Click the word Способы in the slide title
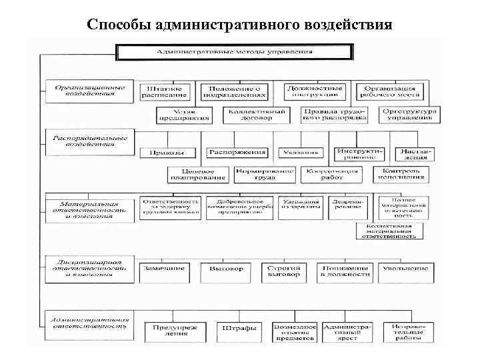coord(119,25)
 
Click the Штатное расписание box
coord(165,91)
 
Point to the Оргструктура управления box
coord(410,115)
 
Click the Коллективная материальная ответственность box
coord(389,231)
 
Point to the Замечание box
coord(165,270)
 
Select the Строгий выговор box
coord(283,271)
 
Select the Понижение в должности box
coord(345,271)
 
